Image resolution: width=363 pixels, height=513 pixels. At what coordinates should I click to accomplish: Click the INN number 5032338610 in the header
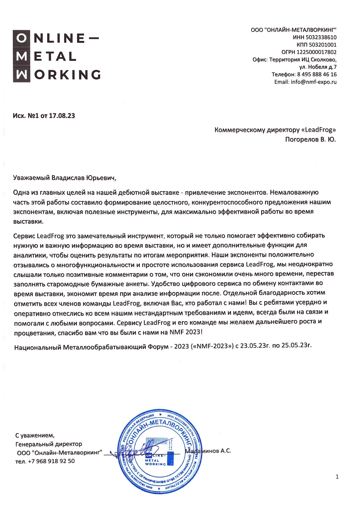point(321,37)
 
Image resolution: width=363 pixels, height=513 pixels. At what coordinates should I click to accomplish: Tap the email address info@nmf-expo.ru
point(314,82)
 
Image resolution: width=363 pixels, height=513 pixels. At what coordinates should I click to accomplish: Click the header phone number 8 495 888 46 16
point(317,74)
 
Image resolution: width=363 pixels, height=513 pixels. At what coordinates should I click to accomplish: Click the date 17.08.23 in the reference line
point(62,116)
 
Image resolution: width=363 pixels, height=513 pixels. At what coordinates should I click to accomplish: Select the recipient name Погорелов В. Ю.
point(310,139)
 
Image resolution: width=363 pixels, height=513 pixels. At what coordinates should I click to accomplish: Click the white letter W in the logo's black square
point(21,75)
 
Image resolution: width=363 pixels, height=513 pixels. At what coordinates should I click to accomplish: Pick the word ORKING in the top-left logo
point(67,75)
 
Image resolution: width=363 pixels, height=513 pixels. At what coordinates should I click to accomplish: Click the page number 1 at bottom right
point(337,477)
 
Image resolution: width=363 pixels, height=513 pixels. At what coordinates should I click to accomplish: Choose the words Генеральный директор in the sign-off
point(49,444)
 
